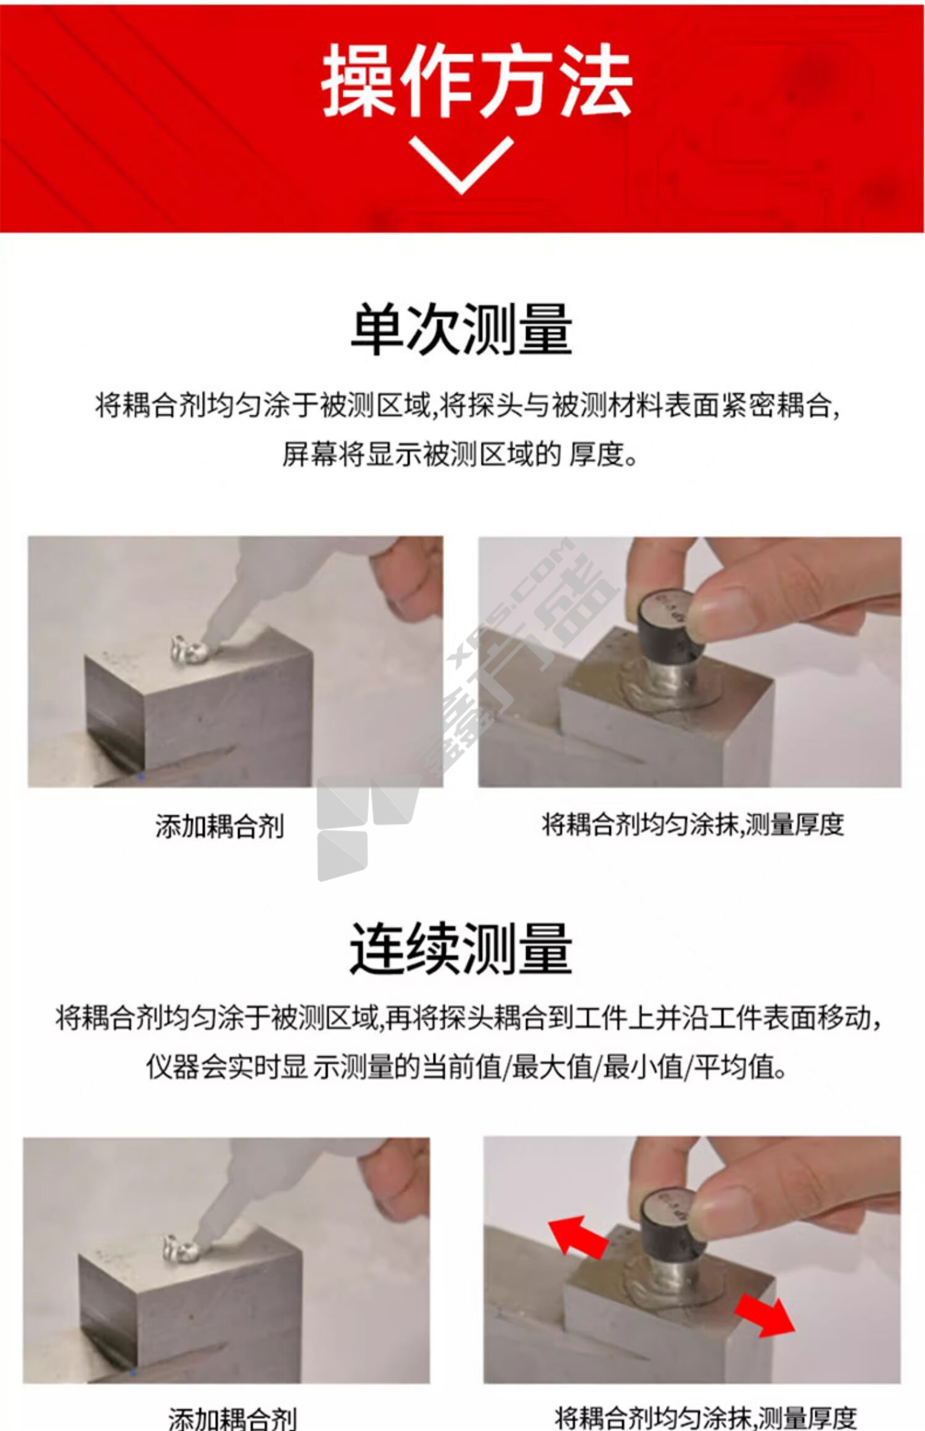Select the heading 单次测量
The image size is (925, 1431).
pos(461,328)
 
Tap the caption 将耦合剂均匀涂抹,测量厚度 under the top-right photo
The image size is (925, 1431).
pos(693,825)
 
